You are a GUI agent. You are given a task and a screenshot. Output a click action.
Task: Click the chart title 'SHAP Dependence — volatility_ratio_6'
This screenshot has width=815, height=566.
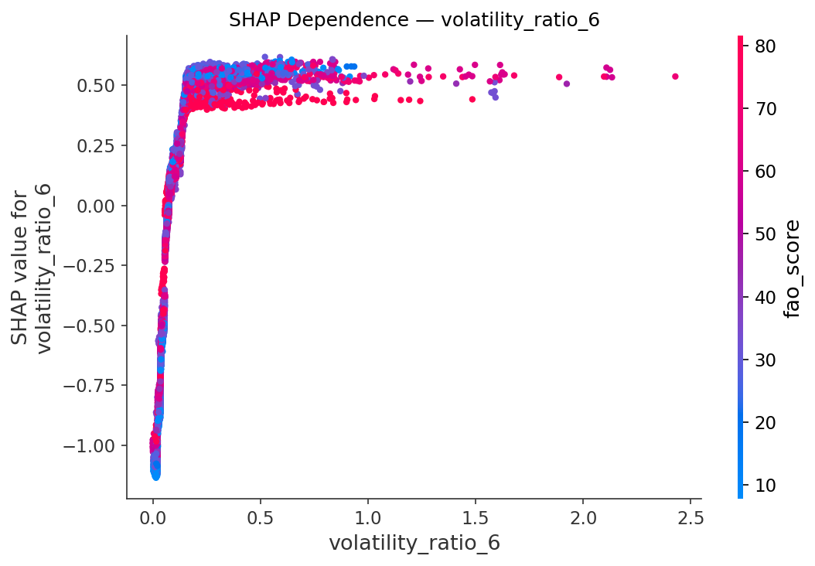point(414,20)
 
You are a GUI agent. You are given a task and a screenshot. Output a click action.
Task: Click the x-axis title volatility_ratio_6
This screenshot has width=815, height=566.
point(414,543)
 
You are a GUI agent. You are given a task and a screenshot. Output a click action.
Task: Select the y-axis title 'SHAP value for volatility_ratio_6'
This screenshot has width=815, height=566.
point(32,267)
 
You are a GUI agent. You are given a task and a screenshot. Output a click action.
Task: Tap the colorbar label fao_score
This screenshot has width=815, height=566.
point(791,269)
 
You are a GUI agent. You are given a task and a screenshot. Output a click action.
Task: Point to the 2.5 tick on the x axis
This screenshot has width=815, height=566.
point(690,517)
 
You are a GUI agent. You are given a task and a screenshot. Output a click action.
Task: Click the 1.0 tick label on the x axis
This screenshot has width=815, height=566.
point(367,517)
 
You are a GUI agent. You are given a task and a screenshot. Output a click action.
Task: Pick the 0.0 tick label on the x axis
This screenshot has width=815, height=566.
point(153,517)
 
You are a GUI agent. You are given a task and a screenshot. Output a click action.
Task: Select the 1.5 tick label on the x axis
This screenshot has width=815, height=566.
point(475,517)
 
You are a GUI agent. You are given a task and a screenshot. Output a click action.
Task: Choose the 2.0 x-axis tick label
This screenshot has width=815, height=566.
point(583,517)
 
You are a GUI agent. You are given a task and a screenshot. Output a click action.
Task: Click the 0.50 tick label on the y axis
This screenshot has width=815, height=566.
point(96,85)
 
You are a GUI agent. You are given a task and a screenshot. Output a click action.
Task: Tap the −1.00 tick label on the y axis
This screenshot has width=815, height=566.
point(89,446)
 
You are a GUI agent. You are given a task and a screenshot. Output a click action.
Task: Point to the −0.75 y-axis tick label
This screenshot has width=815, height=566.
point(89,386)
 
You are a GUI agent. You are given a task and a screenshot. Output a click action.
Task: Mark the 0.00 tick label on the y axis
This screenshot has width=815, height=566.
point(96,206)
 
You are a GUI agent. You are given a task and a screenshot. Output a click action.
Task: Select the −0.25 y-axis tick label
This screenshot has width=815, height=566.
point(89,265)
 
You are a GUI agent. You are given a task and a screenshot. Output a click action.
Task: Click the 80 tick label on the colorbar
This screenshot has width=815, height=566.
point(765,46)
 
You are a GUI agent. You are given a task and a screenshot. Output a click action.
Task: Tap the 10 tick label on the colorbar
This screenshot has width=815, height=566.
point(765,486)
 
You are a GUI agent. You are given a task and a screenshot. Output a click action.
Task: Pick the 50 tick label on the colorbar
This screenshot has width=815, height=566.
point(765,234)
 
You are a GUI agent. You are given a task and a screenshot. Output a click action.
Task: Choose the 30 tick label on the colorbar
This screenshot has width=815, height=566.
point(765,360)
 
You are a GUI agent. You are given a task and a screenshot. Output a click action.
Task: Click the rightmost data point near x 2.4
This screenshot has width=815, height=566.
point(675,77)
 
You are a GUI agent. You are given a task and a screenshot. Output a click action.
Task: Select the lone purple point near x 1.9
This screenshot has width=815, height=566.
point(567,84)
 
